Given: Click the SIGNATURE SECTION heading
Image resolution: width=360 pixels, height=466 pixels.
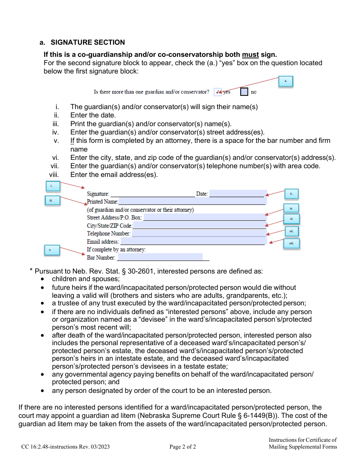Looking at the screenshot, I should tap(88, 42).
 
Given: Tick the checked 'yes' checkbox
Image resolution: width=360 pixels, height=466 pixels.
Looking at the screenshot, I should tap(218, 92).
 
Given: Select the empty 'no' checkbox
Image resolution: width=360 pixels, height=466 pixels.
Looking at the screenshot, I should tap(244, 92).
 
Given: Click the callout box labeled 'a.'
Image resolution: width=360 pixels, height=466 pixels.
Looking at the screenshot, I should tap(286, 81).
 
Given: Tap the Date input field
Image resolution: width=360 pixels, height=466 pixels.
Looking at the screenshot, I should tap(238, 194).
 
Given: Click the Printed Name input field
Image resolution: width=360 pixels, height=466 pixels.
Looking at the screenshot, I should tap(192, 202).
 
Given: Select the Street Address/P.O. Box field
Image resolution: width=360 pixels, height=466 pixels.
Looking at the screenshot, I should tap(205, 217).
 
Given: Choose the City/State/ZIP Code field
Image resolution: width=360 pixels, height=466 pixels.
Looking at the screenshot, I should tap(199, 225).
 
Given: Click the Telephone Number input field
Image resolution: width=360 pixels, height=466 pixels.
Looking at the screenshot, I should tap(199, 233).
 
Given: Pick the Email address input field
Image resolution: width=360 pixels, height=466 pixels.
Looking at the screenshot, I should tap(193, 242).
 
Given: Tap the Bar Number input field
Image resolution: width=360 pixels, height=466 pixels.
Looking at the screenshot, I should tap(160, 257).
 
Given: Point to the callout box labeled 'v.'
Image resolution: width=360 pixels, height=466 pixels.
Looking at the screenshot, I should tap(52, 250).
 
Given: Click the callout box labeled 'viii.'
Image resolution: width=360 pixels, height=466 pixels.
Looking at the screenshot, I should tap(291, 243).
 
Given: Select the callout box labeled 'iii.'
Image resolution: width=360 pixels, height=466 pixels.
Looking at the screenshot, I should tap(52, 200).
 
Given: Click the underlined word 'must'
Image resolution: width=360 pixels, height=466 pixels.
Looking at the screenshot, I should tap(250, 55).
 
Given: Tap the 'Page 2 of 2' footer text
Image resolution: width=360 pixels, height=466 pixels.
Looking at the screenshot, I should tap(183, 447).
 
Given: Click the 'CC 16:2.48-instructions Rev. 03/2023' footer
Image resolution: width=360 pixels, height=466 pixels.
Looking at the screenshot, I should tap(66, 447).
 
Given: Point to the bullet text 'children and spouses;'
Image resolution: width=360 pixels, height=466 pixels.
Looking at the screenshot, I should tap(86, 279).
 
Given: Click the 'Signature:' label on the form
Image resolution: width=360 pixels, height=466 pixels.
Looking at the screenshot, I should tap(98, 194).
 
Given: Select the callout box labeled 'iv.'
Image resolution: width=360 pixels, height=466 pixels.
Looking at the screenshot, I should tap(291, 208).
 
